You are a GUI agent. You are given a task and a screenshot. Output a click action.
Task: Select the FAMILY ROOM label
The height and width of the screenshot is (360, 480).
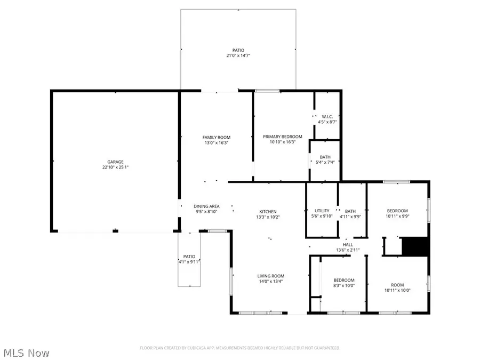click(216, 137)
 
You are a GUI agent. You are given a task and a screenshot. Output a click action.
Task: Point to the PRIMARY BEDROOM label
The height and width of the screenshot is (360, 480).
click(283, 137)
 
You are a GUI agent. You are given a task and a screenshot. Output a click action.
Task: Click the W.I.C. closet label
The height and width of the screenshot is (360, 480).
click(327, 117)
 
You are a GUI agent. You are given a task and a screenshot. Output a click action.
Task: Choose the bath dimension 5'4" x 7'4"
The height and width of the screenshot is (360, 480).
click(325, 163)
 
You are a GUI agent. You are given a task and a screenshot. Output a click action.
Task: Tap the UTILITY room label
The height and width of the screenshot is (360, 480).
click(322, 211)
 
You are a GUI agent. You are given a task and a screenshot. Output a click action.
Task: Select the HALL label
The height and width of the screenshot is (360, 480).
click(348, 244)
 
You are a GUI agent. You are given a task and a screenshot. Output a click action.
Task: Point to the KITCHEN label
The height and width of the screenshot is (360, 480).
click(268, 212)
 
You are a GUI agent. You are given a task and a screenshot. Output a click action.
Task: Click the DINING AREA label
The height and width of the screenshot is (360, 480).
click(206, 206)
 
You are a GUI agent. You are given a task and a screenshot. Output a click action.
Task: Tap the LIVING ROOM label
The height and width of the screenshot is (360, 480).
click(271, 276)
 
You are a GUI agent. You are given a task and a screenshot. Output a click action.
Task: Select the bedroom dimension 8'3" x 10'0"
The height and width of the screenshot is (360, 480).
click(343, 285)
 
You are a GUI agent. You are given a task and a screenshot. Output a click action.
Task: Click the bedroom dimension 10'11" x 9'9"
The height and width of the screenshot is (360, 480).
click(397, 216)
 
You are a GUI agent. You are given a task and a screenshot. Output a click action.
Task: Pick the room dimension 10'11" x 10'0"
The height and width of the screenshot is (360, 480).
click(397, 290)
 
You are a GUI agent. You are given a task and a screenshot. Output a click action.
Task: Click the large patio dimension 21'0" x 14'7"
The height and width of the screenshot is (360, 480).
click(238, 55)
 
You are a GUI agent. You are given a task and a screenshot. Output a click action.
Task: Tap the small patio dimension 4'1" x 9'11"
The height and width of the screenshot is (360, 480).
click(188, 261)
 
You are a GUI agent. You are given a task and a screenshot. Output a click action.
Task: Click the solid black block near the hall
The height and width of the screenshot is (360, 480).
click(415, 246)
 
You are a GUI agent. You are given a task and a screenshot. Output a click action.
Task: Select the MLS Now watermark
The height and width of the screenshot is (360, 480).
click(27, 353)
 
